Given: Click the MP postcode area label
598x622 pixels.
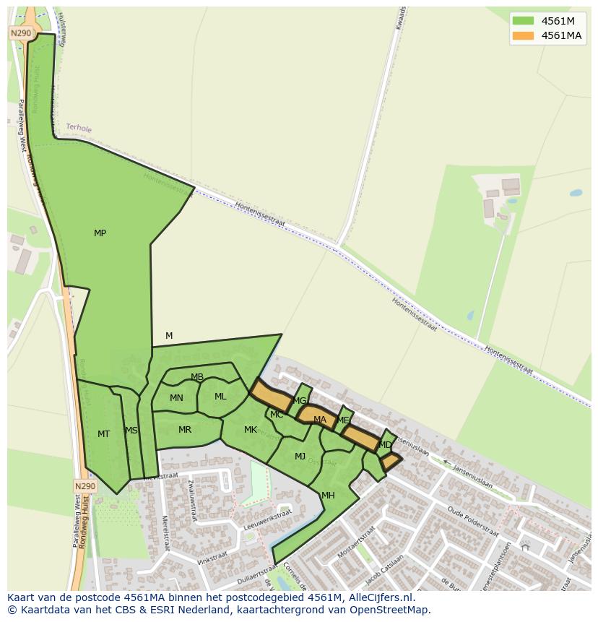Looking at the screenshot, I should coord(100,233).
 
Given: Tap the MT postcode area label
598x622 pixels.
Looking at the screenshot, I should coord(103,434).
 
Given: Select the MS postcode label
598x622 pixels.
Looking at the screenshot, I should coord(131,431).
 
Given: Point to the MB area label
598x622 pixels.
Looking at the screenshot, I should coord(197,377).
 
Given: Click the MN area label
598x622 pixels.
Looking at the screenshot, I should coord(176,398).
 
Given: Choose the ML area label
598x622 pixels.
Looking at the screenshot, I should coord(220,397).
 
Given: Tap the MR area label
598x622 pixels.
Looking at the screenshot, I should coord(185,430).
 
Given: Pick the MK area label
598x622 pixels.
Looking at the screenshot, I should coord(251,430).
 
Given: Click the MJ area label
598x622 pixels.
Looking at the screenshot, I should coord(300,457).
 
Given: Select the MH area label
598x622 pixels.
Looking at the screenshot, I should coord(328,496).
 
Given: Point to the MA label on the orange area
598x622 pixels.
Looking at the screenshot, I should coord(320,420).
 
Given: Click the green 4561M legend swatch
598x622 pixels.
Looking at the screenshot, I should coord(523,21).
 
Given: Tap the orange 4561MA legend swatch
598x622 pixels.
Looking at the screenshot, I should coord(523,35).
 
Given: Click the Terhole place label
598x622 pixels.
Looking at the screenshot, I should coord(79,128).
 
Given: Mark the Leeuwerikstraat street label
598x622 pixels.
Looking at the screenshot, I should coord(267,519).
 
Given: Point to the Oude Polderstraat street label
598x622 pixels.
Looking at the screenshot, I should coord(473,522).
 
